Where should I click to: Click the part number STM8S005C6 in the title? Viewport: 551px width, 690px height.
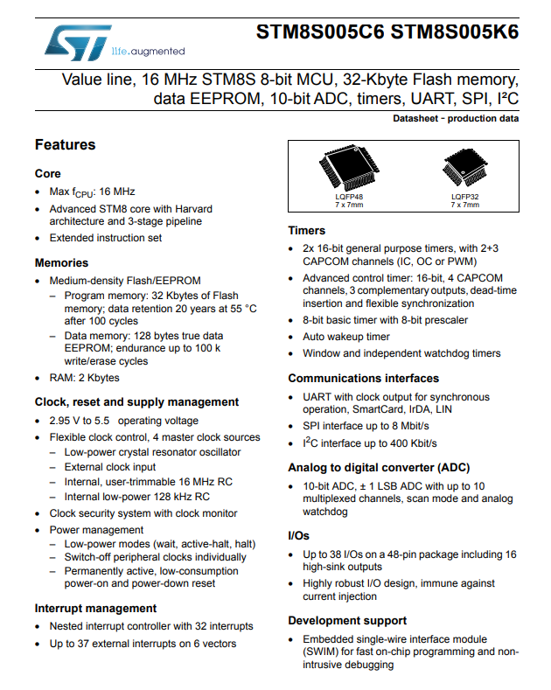[x=320, y=32]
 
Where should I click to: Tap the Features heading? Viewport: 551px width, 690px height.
[x=65, y=144]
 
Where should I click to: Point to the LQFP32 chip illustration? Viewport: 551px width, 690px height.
[x=464, y=171]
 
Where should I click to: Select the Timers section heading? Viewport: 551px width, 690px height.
[x=307, y=231]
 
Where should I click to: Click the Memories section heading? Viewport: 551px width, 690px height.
[x=61, y=262]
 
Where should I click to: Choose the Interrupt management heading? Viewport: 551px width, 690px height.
[x=96, y=608]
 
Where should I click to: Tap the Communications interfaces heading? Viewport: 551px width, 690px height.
[x=364, y=379]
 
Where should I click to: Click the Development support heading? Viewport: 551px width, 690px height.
[x=347, y=620]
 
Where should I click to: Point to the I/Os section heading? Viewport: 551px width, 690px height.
[x=299, y=534]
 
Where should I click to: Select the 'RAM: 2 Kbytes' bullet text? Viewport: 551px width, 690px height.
[x=85, y=378]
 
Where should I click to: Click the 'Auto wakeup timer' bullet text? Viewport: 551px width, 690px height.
[x=346, y=337]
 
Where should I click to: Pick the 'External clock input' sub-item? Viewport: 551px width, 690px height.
[x=110, y=467]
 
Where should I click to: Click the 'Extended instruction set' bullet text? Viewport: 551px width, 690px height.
[x=106, y=238]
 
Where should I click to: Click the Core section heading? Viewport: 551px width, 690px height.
[x=48, y=173]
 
